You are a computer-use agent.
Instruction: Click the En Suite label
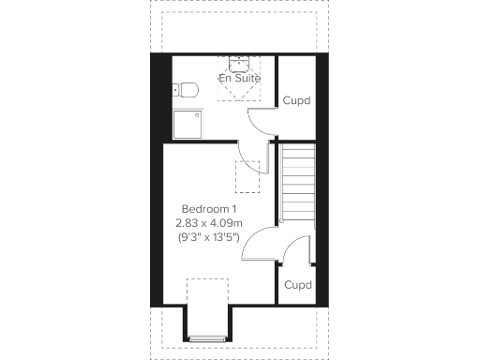(239, 79)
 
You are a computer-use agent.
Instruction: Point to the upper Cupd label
(296, 100)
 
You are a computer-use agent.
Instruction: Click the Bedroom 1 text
(209, 208)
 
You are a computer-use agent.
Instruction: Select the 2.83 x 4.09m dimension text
(209, 223)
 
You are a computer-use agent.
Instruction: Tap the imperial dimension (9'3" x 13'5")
(209, 238)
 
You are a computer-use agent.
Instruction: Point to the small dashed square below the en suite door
(247, 175)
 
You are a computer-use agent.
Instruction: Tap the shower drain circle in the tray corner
(196, 114)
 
